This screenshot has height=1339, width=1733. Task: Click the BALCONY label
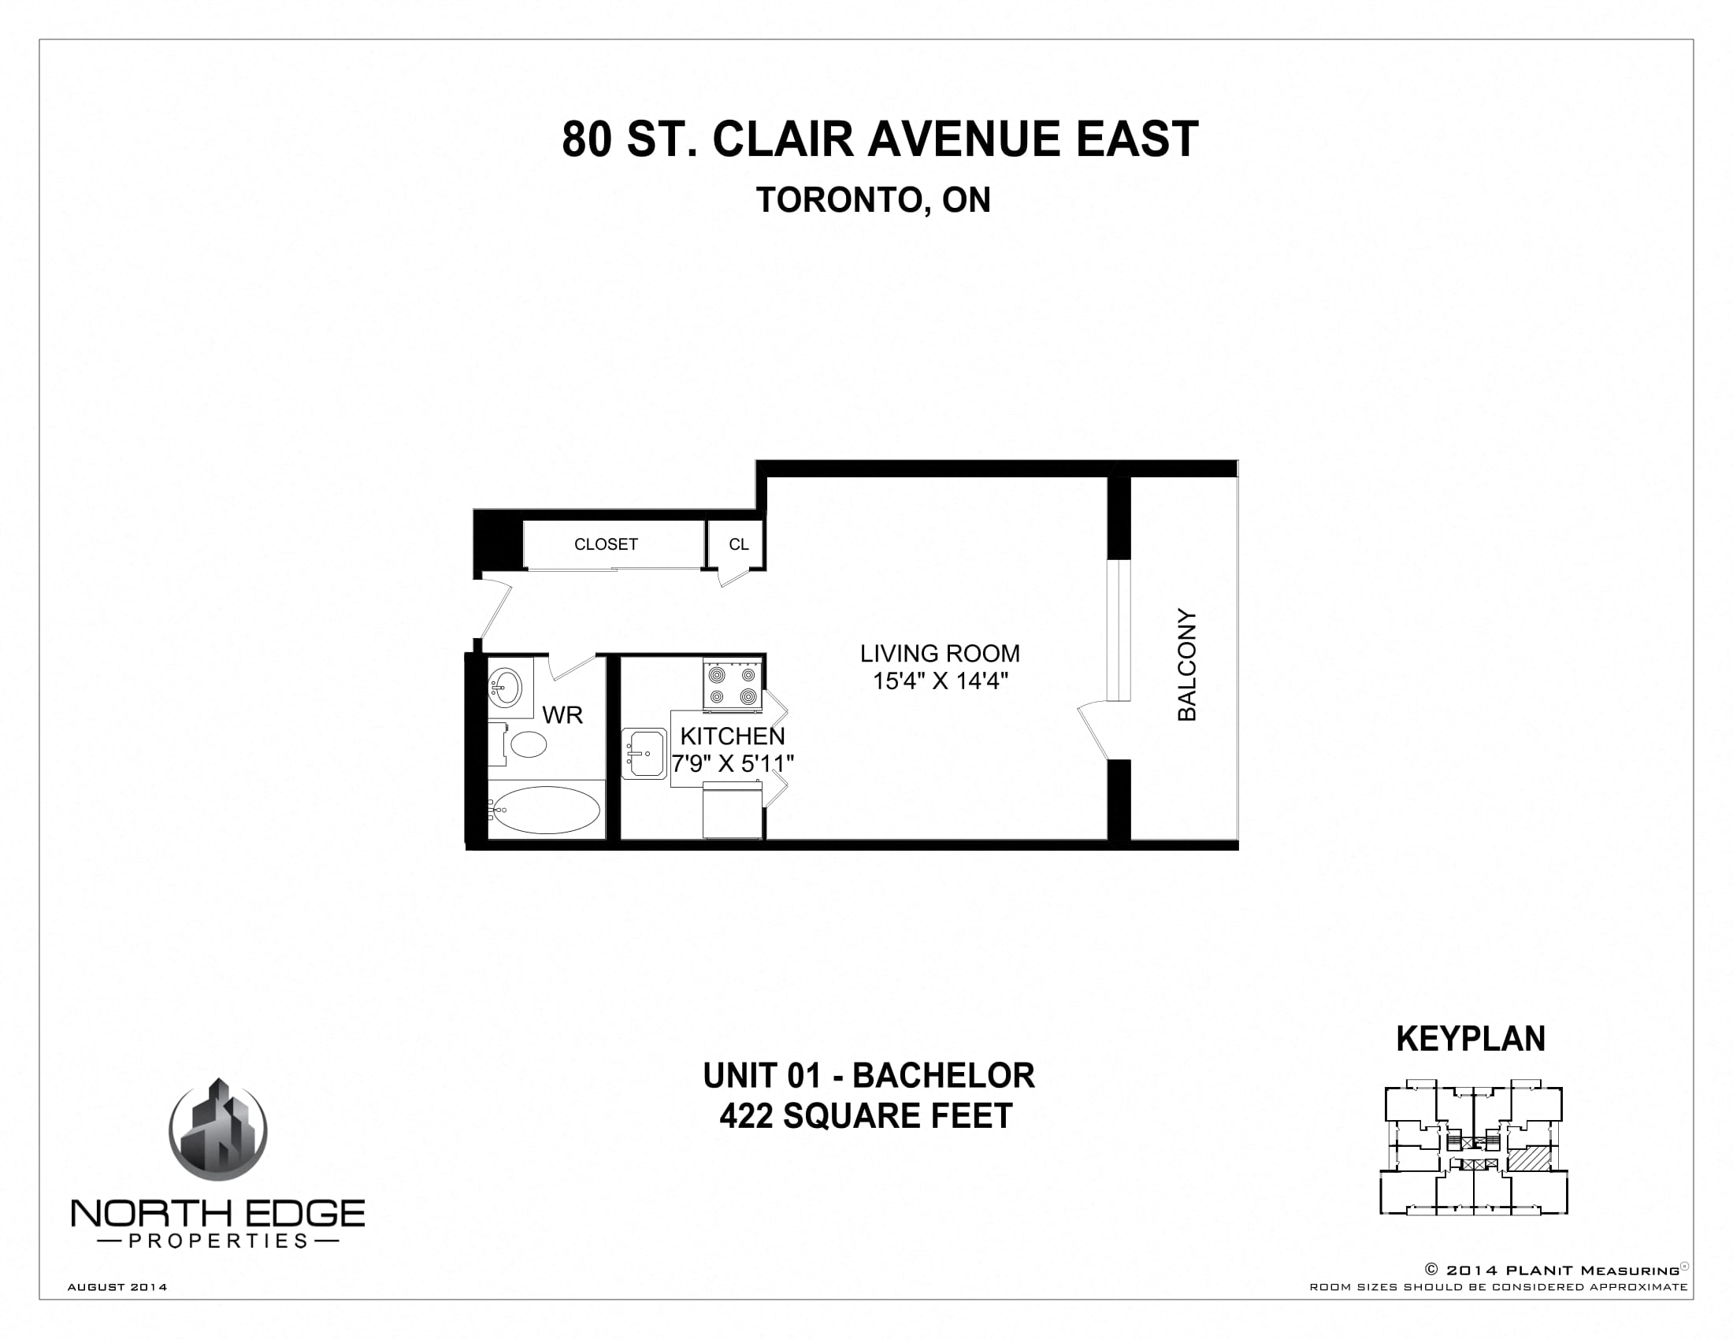coord(1186,665)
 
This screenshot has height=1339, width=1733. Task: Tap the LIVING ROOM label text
coord(940,654)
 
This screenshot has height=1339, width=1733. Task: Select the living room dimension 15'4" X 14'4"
coord(941,681)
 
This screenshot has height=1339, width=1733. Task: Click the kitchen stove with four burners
coord(732,686)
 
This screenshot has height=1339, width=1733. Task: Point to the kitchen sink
coord(644,753)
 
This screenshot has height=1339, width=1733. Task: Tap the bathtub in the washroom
coord(545,810)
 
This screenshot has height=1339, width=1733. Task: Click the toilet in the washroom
coord(524,744)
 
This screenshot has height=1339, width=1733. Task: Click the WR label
coord(562,714)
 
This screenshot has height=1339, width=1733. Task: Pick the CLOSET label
coord(606,544)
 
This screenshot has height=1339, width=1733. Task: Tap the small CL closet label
coord(738,544)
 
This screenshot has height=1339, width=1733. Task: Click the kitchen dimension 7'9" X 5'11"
coord(733,763)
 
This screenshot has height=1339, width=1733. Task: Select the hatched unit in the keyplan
coord(1528,1159)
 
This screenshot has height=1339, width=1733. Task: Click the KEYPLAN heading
coord(1471,1039)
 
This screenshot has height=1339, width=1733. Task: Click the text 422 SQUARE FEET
coord(866,1116)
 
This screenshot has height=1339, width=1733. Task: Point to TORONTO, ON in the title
coord(873,200)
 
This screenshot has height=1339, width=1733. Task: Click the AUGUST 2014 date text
coord(117,1287)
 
